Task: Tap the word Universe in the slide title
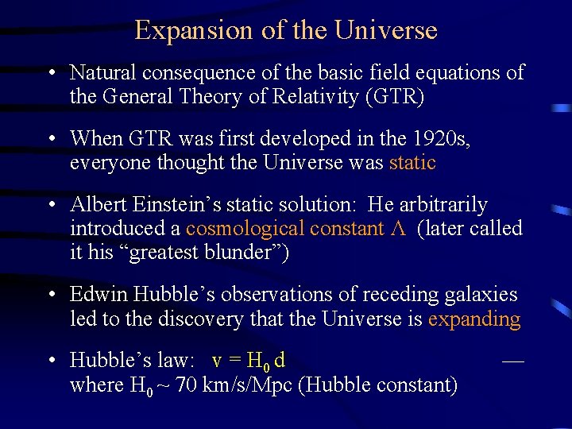(x=386, y=31)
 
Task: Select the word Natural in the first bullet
(x=103, y=73)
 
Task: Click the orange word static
(x=412, y=163)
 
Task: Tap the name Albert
(x=101, y=204)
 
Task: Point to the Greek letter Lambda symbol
(x=400, y=229)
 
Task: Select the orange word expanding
(x=474, y=319)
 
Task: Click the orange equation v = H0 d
(x=249, y=361)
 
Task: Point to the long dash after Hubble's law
(x=513, y=360)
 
